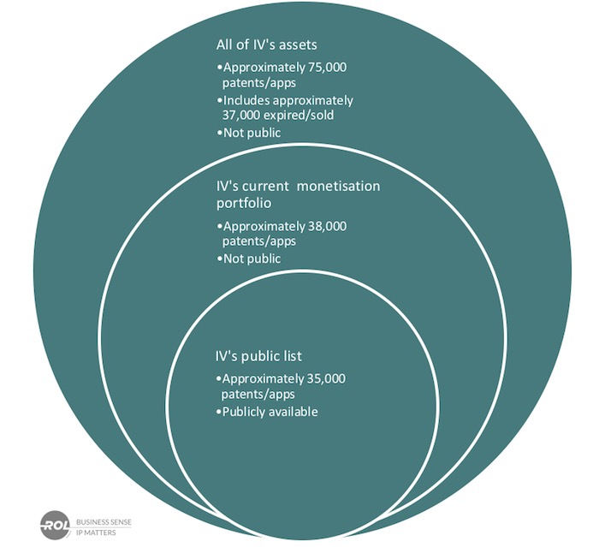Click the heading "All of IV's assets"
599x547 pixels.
click(273, 45)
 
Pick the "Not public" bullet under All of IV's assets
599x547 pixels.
click(251, 134)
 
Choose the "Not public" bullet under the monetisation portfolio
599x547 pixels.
click(251, 259)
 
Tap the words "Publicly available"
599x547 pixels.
click(270, 412)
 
